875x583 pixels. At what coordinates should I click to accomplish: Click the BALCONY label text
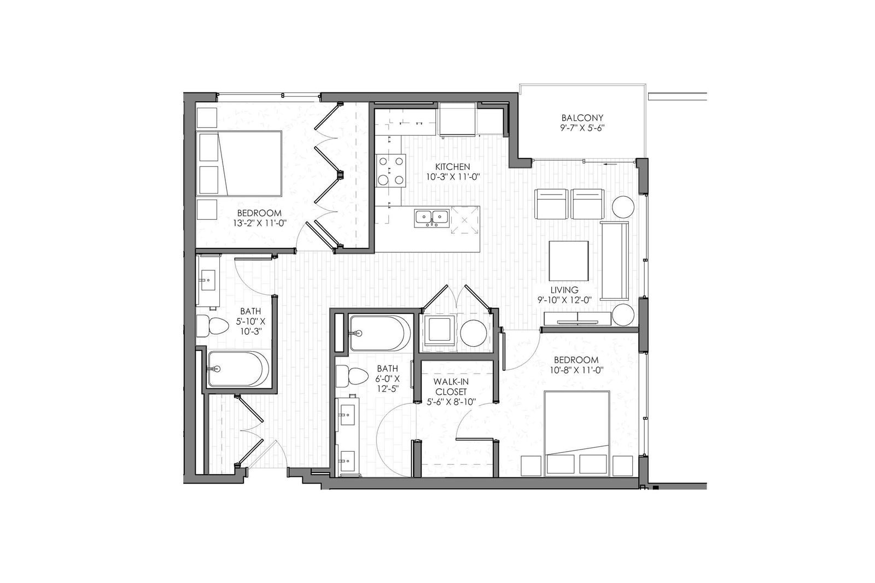pos(582,118)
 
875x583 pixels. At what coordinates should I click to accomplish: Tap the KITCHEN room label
pos(453,167)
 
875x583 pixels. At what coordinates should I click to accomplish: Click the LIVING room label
pos(564,290)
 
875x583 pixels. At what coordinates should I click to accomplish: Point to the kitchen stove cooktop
pos(390,171)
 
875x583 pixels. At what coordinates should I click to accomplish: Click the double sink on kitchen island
pos(432,218)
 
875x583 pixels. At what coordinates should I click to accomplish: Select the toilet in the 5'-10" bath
pos(212,326)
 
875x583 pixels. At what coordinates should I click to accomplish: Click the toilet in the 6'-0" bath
pos(352,376)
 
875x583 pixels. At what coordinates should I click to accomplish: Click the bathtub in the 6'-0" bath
pos(380,333)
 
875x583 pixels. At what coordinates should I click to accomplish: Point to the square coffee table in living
pos(568,261)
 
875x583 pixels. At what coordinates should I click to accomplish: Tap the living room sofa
pos(615,261)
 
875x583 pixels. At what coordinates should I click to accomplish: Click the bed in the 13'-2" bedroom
pos(238,164)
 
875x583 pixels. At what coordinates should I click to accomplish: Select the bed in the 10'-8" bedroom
pos(577,433)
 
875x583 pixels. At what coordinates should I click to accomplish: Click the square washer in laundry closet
pos(440,331)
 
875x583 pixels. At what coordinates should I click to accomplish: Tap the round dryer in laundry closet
pos(473,333)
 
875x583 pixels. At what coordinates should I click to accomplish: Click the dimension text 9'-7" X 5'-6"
pos(582,127)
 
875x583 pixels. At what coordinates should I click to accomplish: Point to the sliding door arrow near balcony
pos(610,165)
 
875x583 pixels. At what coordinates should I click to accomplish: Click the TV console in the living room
pos(576,318)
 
